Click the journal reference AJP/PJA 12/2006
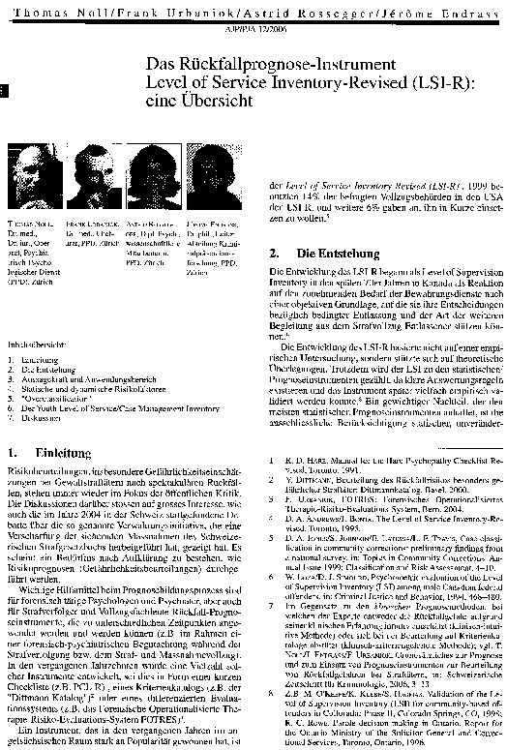pyautogui.click(x=253, y=30)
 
